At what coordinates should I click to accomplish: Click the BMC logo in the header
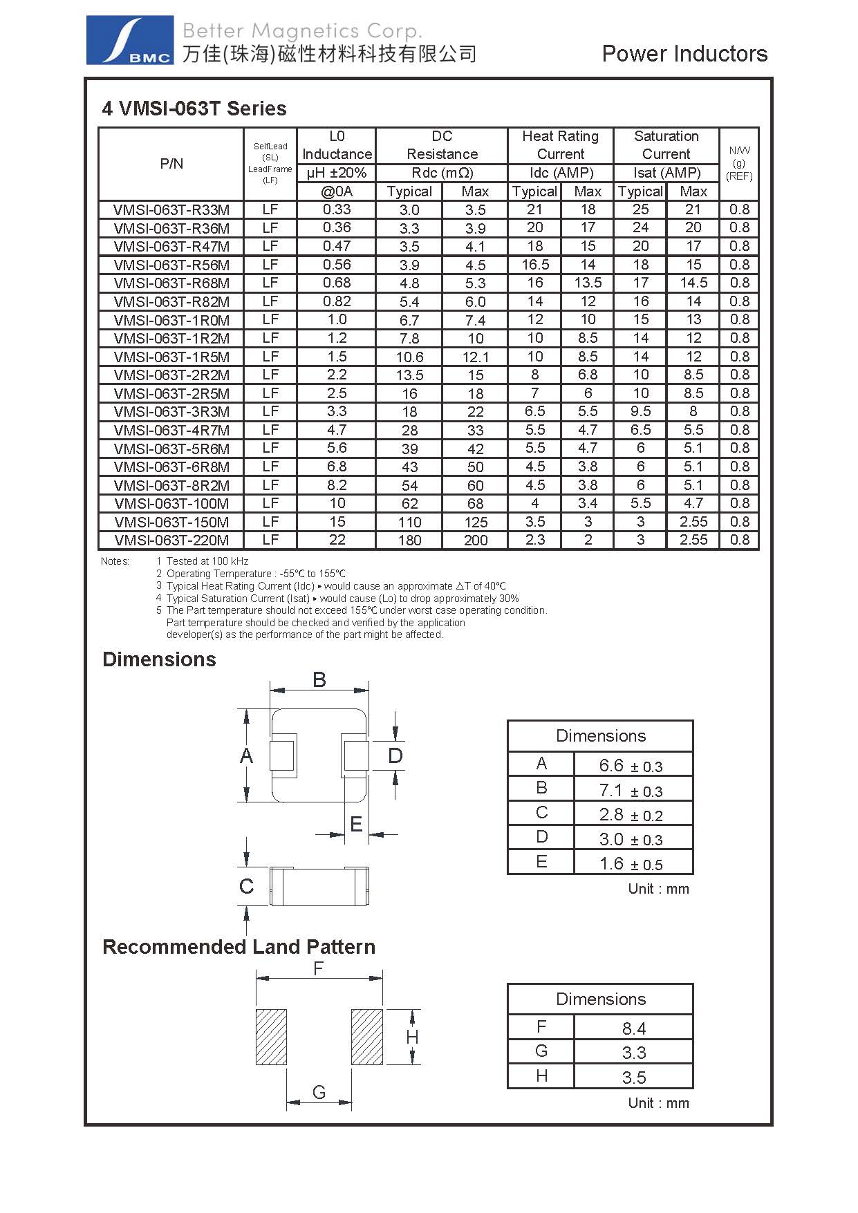(x=130, y=41)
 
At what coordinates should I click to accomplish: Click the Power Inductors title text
(x=684, y=54)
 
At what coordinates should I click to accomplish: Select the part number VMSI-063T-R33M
(x=171, y=209)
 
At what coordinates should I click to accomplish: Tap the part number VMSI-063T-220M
(x=171, y=540)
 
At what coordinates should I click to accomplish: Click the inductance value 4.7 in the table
(x=337, y=430)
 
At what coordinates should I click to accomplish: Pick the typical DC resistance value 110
(x=409, y=523)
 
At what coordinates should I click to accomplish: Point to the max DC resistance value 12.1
(x=475, y=357)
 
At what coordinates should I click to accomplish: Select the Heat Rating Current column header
(x=560, y=145)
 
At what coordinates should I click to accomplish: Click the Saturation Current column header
(x=666, y=145)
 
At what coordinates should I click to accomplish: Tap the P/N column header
(x=171, y=164)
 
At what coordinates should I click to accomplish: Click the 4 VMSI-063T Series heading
(x=194, y=109)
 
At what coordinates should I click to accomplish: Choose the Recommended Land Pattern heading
(x=239, y=947)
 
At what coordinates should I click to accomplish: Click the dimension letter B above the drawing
(x=319, y=679)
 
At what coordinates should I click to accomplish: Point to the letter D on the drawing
(x=395, y=755)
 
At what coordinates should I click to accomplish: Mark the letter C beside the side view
(x=246, y=886)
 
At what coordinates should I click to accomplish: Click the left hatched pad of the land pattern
(x=271, y=1037)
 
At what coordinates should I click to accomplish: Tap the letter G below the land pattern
(x=319, y=1092)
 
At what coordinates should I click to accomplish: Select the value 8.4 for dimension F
(x=633, y=1028)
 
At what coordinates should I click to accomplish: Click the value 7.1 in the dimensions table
(x=612, y=790)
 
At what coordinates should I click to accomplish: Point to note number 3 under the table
(x=159, y=586)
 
